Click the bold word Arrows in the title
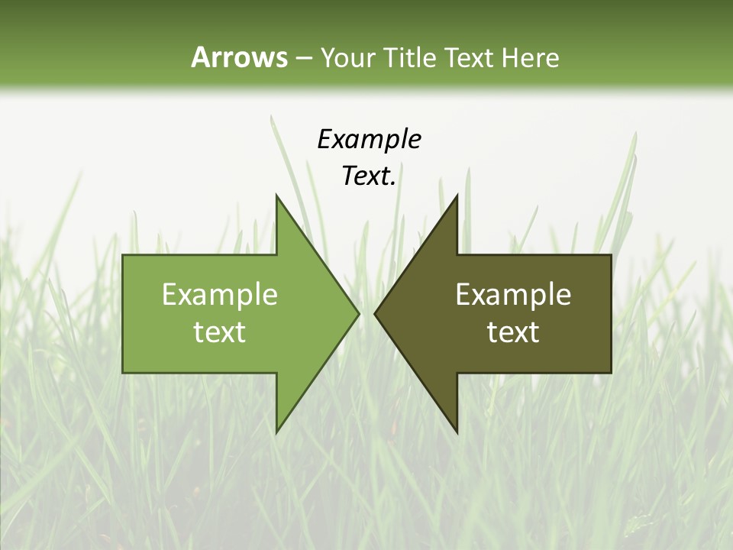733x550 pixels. click(x=239, y=57)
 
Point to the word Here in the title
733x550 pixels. click(x=530, y=57)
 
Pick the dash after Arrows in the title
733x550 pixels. click(x=303, y=58)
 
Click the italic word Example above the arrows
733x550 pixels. click(x=369, y=139)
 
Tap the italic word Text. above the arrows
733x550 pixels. click(x=369, y=176)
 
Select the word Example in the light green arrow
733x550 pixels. click(x=220, y=295)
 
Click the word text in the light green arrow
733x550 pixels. click(x=220, y=332)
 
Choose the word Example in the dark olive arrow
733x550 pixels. click(x=513, y=295)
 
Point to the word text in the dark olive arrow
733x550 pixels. click(x=513, y=332)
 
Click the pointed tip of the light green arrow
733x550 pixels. click(x=358, y=313)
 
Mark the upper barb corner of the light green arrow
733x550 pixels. click(x=276, y=196)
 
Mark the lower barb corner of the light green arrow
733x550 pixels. click(x=276, y=432)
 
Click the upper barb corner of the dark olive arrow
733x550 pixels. click(x=457, y=196)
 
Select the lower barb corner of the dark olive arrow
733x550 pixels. click(x=457, y=432)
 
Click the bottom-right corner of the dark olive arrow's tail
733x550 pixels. click(x=611, y=372)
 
